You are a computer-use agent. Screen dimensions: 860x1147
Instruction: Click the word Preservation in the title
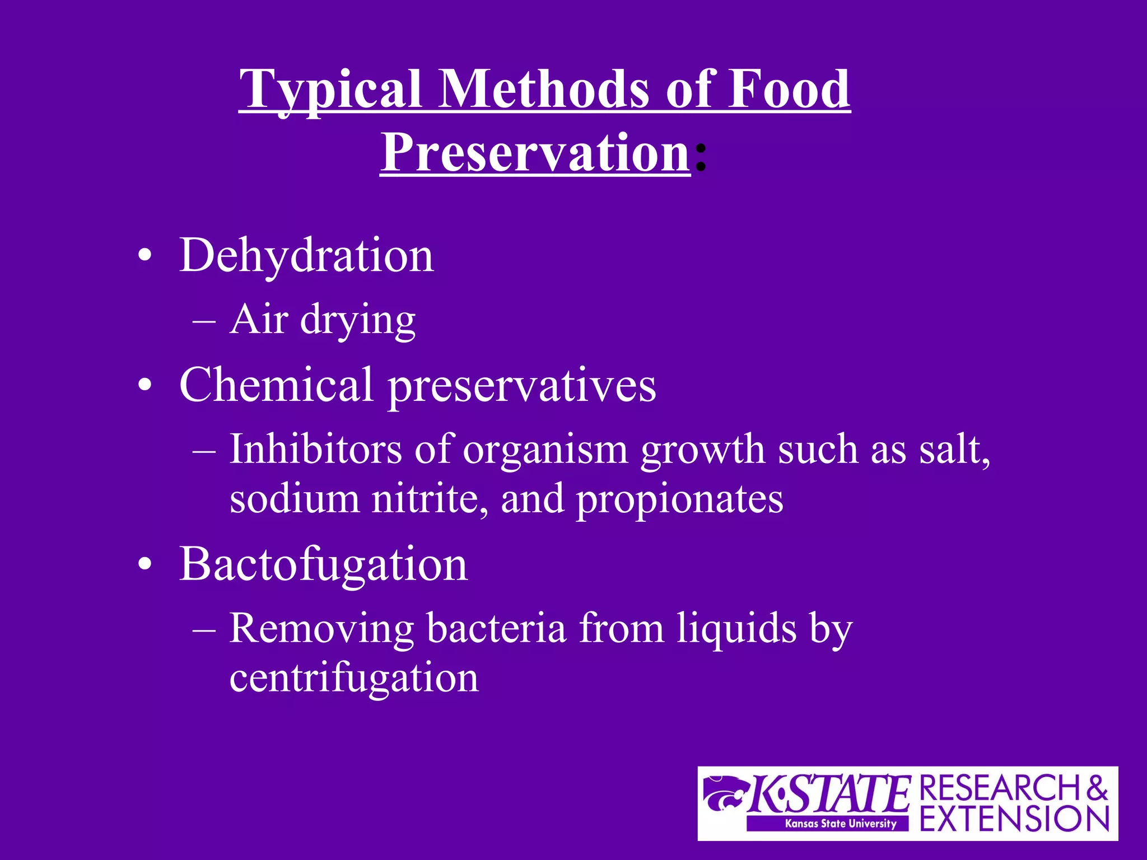[x=535, y=152]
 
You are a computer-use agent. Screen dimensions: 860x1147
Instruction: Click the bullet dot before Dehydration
[x=144, y=256]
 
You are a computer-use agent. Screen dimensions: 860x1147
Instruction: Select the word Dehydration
[x=306, y=256]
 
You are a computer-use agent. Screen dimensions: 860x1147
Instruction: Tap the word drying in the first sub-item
[x=358, y=320]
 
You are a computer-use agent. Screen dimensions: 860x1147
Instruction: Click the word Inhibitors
[x=315, y=449]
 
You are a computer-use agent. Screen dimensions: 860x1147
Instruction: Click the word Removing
[x=321, y=628]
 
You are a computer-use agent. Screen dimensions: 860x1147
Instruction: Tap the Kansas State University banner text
[x=841, y=823]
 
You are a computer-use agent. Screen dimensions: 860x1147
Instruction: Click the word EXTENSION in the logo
[x=1014, y=819]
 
